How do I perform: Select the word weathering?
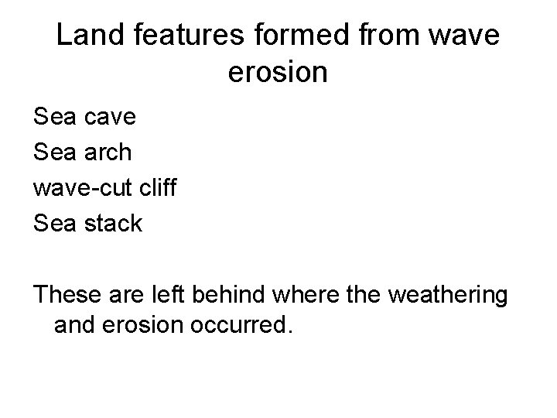coord(449,295)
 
